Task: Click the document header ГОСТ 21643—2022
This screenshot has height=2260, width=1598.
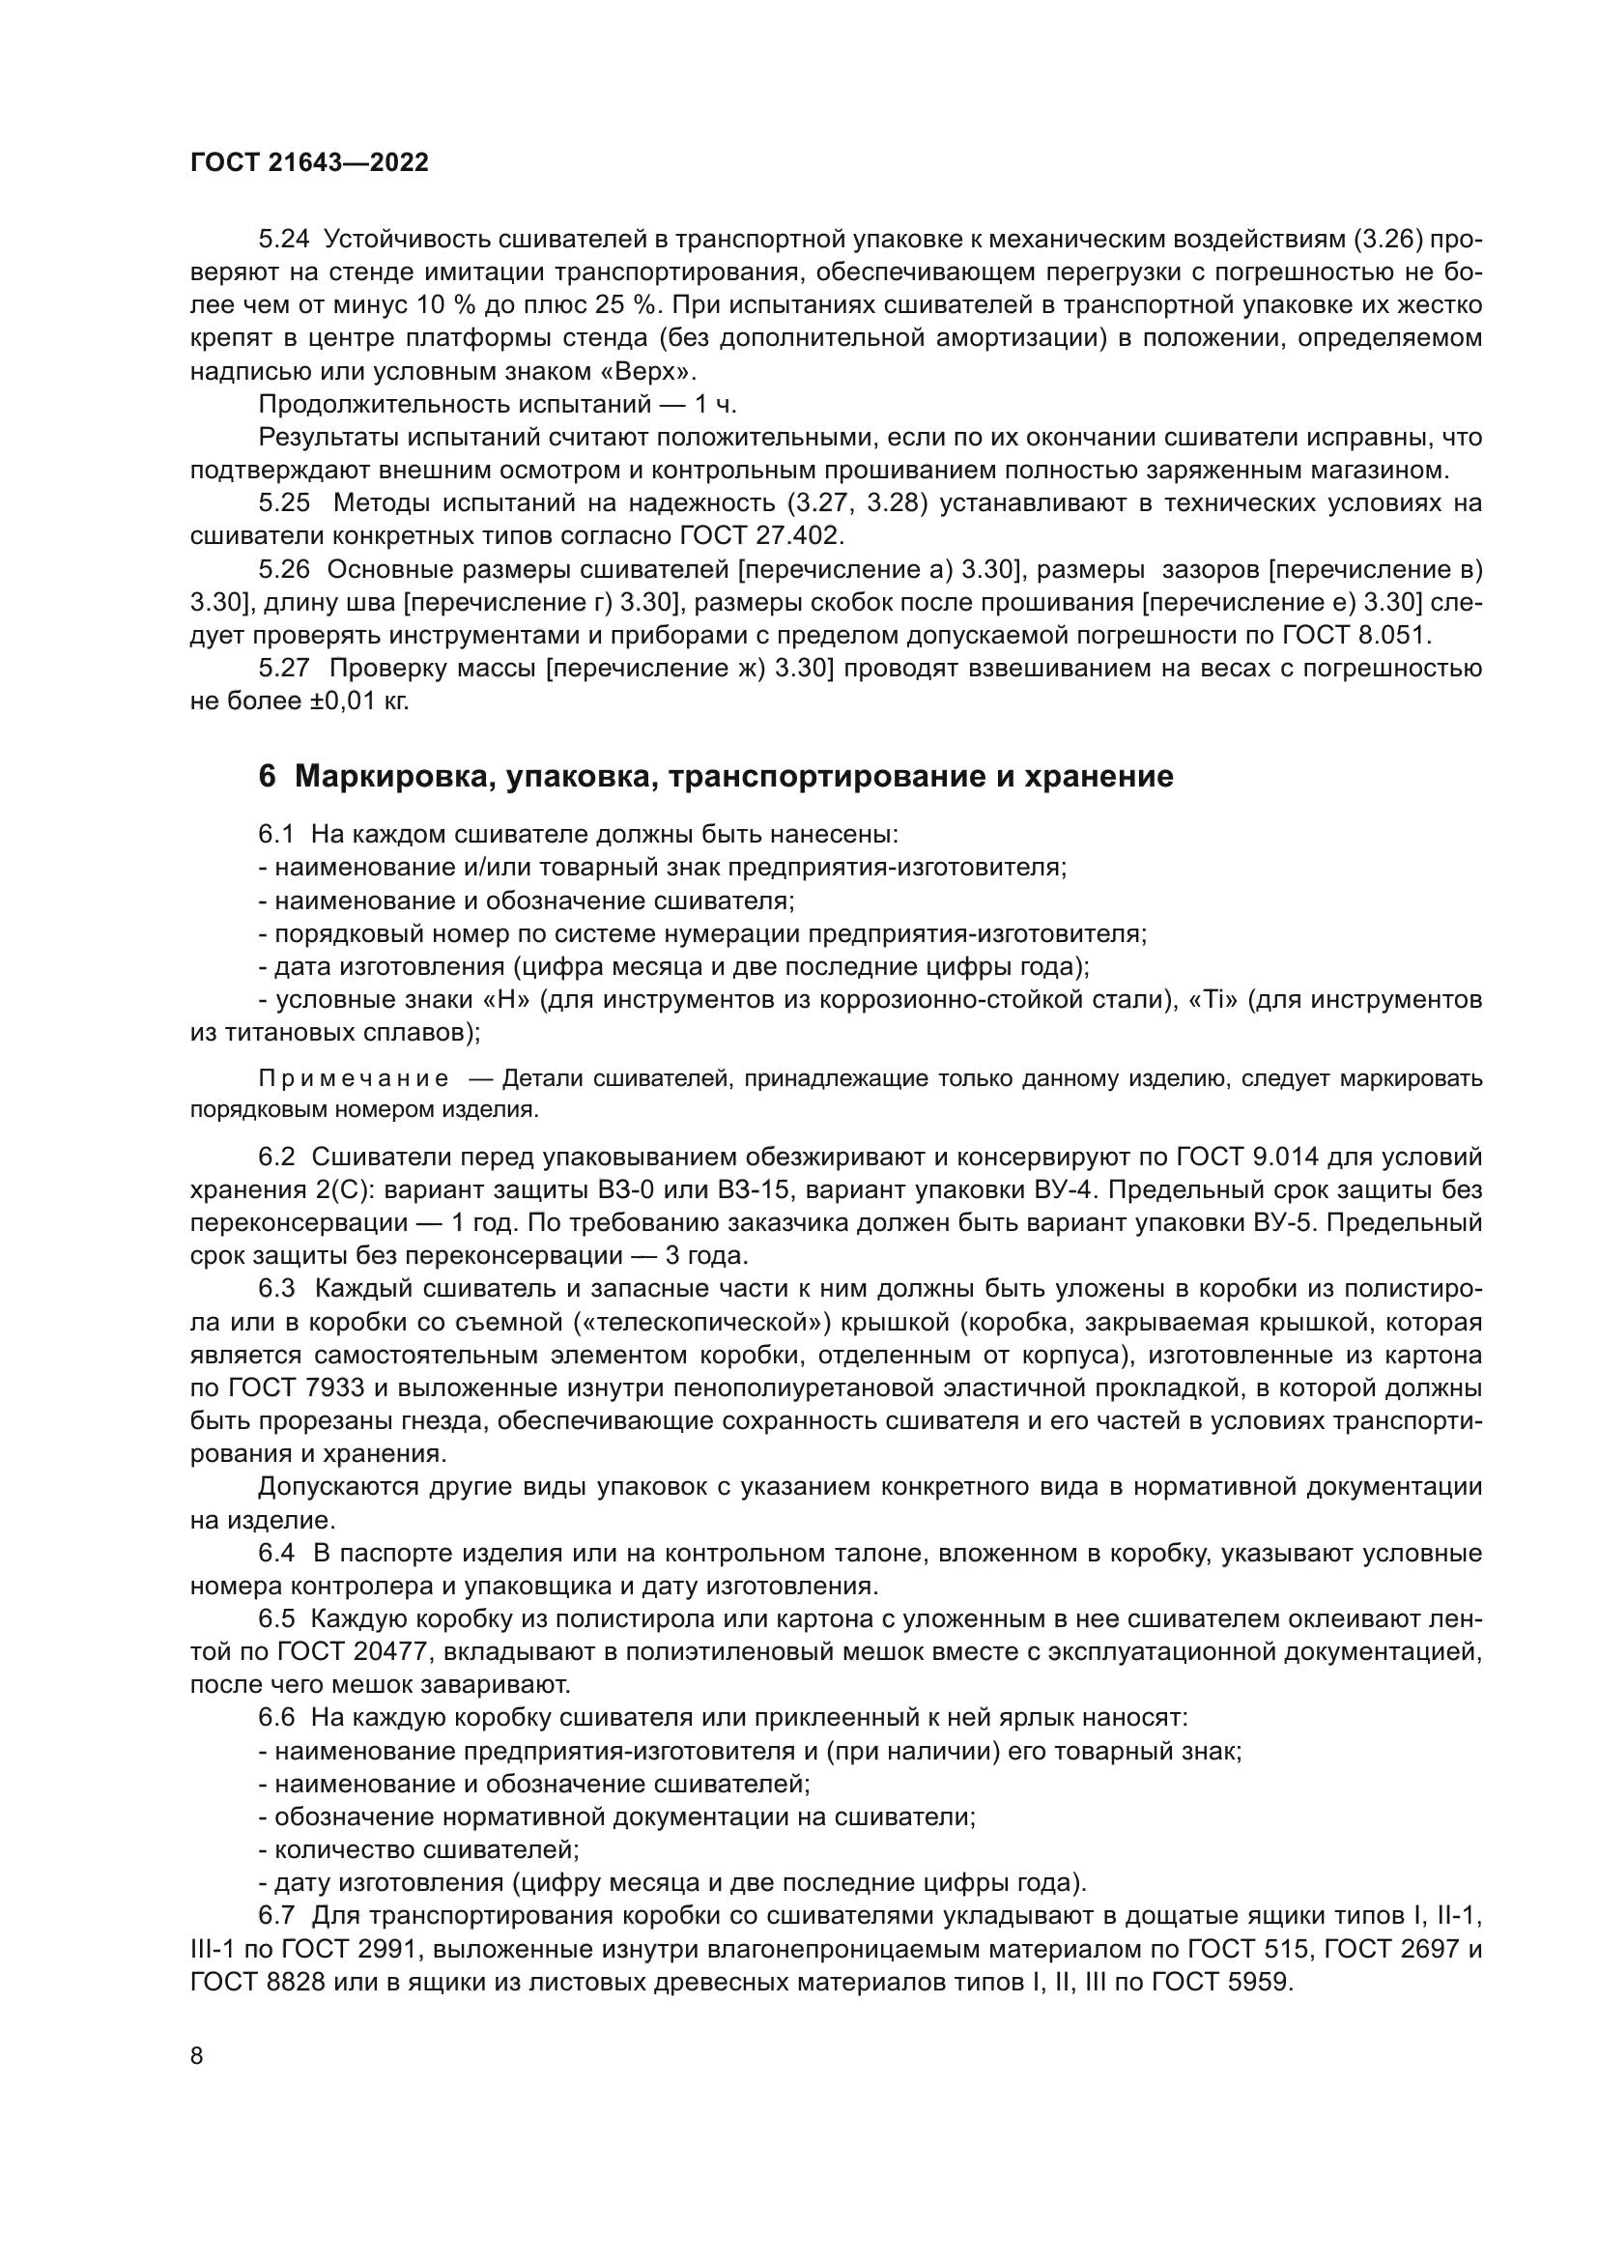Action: pyautogui.click(x=309, y=163)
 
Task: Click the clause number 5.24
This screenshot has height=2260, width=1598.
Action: pyautogui.click(x=283, y=240)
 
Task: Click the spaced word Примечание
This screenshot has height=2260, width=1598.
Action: pyautogui.click(x=354, y=1079)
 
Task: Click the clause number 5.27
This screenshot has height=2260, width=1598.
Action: pyautogui.click(x=283, y=669)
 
